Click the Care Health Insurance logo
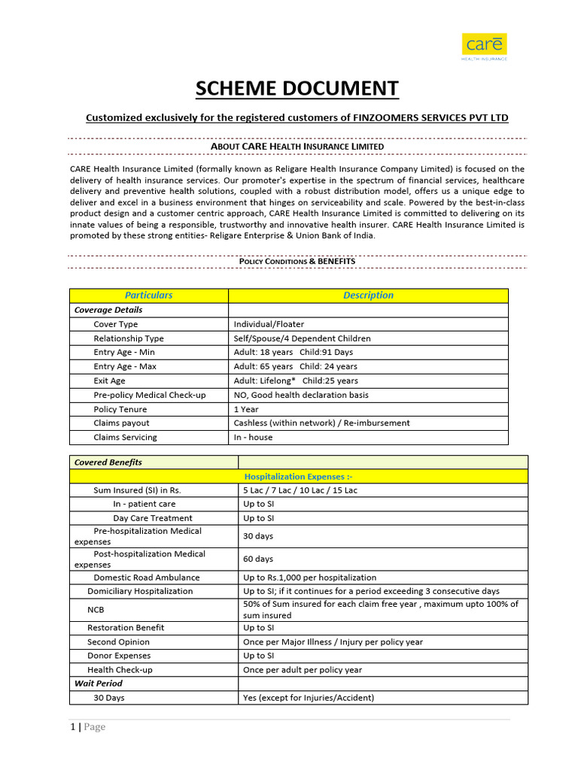click(485, 47)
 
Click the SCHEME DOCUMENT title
click(297, 89)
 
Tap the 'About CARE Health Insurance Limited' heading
click(297, 146)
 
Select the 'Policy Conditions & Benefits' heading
click(297, 261)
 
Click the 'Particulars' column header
click(148, 296)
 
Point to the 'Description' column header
click(368, 296)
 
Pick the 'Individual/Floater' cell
click(269, 324)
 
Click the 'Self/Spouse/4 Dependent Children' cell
click(302, 338)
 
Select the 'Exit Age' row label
click(109, 380)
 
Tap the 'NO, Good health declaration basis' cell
click(301, 395)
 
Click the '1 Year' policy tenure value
click(246, 409)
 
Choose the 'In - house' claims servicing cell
click(253, 437)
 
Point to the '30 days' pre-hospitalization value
click(258, 536)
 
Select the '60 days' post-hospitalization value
click(258, 559)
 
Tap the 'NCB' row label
click(96, 609)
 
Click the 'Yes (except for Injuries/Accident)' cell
click(308, 698)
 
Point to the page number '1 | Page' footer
click(87, 726)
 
